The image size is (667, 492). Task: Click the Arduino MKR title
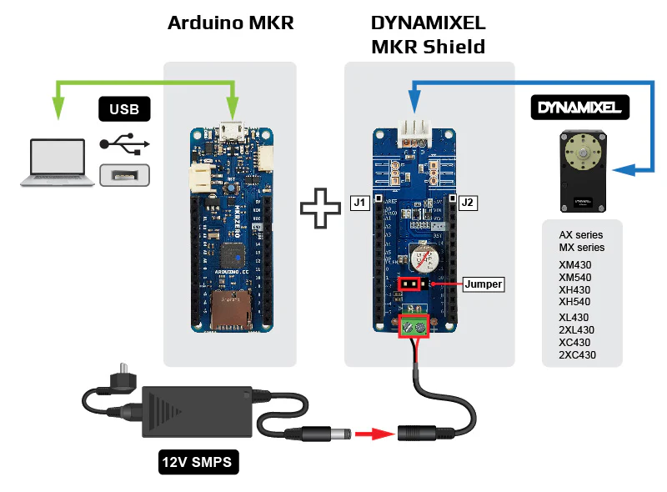(231, 23)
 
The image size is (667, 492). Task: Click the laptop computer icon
(56, 162)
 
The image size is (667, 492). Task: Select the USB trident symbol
(125, 143)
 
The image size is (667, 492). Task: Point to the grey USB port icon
(124, 175)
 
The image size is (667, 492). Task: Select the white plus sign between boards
(321, 208)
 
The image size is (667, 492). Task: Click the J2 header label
(467, 202)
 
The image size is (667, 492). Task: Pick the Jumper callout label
(484, 284)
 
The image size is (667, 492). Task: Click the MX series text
(582, 248)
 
